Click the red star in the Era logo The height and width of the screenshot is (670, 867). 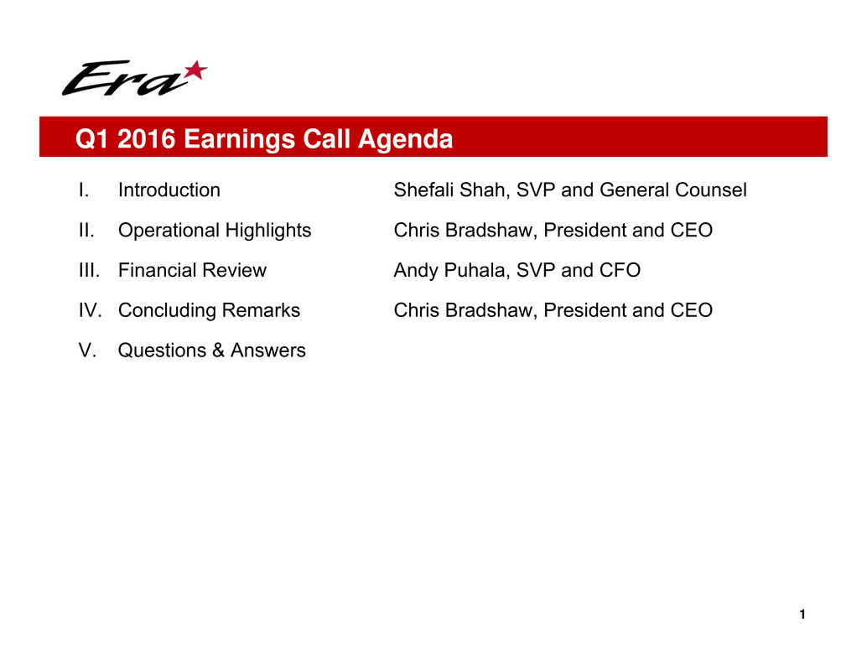(x=195, y=70)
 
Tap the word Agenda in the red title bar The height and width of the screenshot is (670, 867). (x=405, y=138)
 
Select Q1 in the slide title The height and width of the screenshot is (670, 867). (x=91, y=138)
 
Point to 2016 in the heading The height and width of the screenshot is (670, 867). (x=146, y=138)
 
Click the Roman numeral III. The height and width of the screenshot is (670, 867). (x=89, y=270)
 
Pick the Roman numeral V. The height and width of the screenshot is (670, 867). (x=87, y=350)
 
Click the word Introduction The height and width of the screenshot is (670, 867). (x=169, y=190)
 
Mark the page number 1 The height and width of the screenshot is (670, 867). (x=802, y=614)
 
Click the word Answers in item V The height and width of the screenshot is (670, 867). (x=267, y=351)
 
